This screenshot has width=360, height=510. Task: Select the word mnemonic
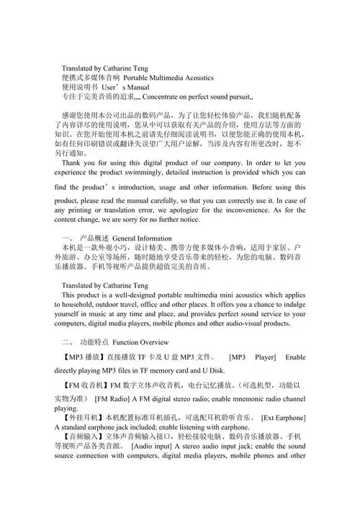[x=243, y=397]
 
